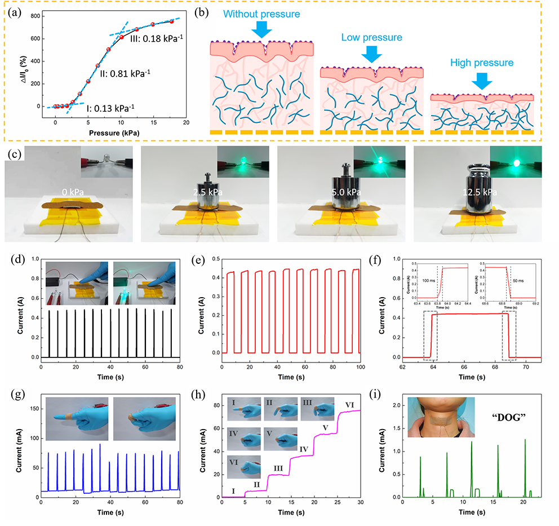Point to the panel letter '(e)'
point(198,261)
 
